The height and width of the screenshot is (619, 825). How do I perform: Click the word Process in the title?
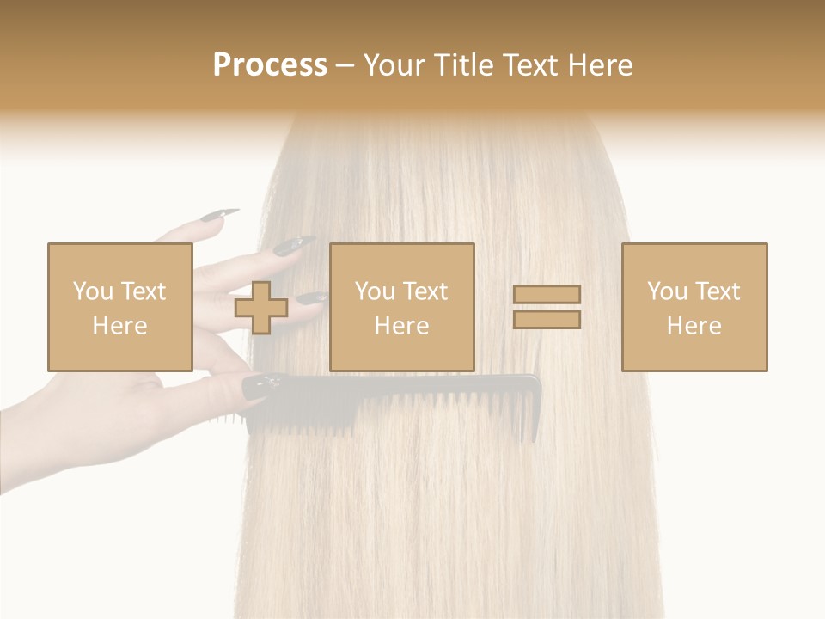[x=270, y=65]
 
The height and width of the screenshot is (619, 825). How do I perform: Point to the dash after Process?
[x=345, y=67]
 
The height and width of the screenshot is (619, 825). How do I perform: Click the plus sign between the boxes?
[x=261, y=307]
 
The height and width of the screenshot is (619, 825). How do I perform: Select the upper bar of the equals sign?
[x=547, y=294]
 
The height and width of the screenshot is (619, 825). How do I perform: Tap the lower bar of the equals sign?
[x=547, y=319]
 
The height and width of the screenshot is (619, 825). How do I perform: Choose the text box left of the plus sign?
[x=119, y=307]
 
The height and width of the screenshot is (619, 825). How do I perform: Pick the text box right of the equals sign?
[x=694, y=307]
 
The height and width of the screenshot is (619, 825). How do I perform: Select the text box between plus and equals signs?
[x=401, y=307]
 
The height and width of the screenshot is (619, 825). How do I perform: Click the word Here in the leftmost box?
[x=119, y=326]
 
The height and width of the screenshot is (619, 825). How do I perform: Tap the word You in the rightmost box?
[x=667, y=291]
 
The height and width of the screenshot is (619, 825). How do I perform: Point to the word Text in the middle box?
[x=425, y=291]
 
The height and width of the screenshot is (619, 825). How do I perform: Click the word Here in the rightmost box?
[x=694, y=326]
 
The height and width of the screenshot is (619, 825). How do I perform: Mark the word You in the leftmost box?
[x=93, y=291]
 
